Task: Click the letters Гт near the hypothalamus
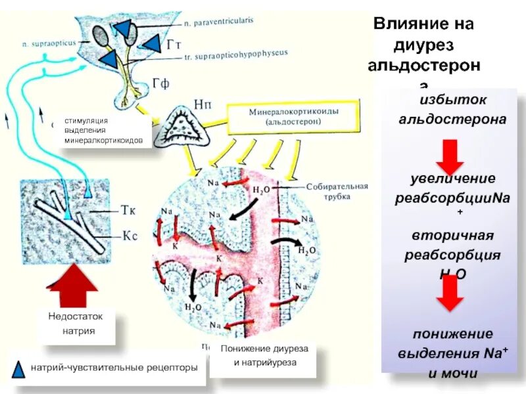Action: pos(174,45)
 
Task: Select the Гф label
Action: pos(161,84)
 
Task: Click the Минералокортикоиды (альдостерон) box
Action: pos(293,117)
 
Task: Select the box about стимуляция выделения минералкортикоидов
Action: pos(108,131)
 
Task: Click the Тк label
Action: pos(128,211)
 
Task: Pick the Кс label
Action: pos(128,234)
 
